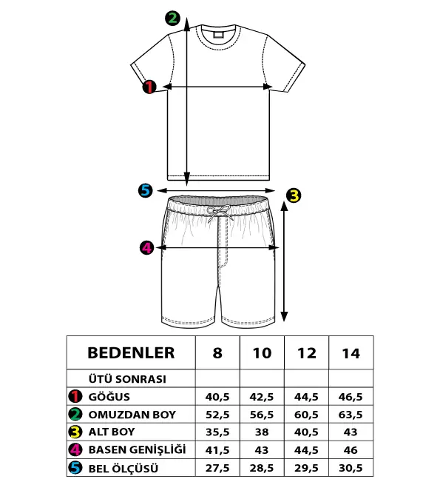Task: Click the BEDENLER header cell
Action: point(131,353)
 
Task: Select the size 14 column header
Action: point(351,353)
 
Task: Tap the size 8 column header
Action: point(217,353)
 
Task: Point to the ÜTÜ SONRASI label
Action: point(127,379)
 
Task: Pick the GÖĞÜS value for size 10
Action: point(262,397)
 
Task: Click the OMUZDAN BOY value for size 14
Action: point(351,415)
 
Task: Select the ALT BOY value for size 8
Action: point(217,432)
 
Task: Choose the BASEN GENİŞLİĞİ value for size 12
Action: point(306,450)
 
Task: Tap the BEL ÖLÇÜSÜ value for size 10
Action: point(262,468)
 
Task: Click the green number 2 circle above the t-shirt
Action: point(173,19)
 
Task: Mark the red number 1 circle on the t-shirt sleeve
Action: point(149,87)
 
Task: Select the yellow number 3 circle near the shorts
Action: point(294,195)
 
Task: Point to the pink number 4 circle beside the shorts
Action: point(146,247)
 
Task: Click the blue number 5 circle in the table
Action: point(75,468)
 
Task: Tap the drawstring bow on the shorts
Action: point(220,213)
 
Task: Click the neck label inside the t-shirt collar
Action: point(218,34)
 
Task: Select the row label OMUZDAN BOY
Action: point(132,415)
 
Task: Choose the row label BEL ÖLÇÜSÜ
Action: point(123,469)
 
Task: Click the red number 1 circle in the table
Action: point(75,396)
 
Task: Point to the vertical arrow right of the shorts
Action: point(284,261)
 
